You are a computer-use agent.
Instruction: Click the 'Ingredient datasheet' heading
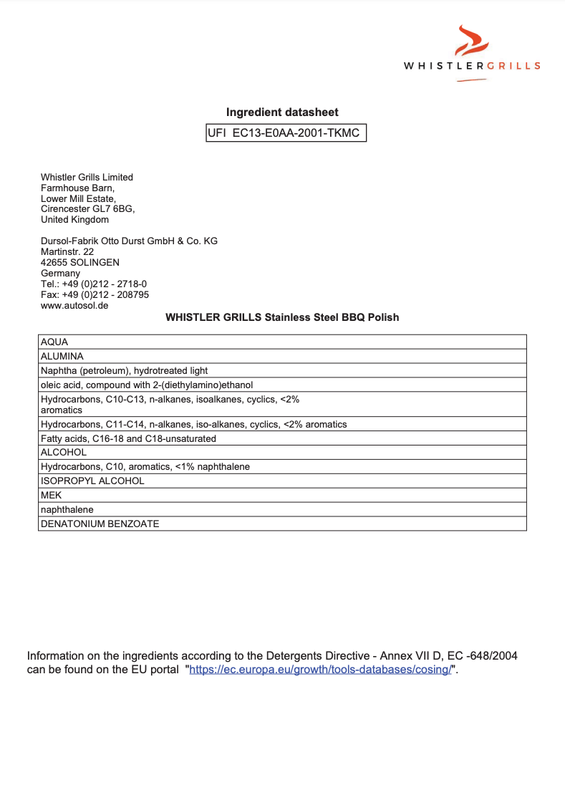click(x=282, y=112)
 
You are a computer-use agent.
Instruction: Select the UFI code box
click(x=286, y=133)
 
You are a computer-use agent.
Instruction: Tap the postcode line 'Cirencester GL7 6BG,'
click(x=87, y=209)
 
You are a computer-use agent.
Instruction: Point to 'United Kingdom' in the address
click(x=74, y=220)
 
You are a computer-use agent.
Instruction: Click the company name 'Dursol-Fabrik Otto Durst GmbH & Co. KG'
click(x=129, y=241)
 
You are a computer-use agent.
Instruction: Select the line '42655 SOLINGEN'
click(x=80, y=263)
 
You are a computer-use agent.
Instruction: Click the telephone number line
click(x=94, y=284)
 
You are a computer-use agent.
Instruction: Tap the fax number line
click(x=95, y=294)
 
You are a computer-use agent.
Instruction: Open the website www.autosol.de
click(x=74, y=305)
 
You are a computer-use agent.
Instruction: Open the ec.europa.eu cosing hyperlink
click(x=320, y=670)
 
